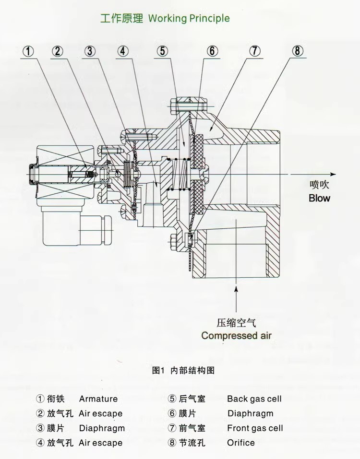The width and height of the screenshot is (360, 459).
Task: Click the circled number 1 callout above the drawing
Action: [28, 51]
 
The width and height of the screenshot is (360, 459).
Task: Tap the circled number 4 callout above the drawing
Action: [123, 51]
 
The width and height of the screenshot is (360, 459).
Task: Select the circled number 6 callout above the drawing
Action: [213, 51]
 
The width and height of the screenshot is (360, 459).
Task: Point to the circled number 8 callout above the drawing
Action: [297, 51]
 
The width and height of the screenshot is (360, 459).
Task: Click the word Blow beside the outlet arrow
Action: [319, 198]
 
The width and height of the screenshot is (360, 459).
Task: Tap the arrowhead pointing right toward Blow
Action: [333, 174]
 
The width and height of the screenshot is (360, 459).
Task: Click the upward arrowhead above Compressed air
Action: [236, 290]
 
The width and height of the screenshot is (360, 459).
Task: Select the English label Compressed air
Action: [236, 335]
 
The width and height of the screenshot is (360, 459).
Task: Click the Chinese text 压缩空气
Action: [236, 323]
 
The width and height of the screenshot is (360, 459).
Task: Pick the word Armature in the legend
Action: [98, 399]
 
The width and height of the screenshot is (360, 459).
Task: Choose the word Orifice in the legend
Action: [241, 443]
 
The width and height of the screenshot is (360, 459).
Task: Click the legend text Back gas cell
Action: [254, 399]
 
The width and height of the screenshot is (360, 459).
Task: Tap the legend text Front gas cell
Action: [255, 428]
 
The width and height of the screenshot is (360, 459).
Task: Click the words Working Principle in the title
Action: [189, 18]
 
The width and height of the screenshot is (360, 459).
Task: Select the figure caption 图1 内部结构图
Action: [183, 370]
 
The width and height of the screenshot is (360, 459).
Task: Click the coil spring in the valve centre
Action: [179, 175]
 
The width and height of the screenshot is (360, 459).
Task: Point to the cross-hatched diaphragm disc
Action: [199, 174]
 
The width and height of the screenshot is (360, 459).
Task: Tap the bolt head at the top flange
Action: [174, 106]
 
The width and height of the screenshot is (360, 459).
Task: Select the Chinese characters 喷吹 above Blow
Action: [319, 185]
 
